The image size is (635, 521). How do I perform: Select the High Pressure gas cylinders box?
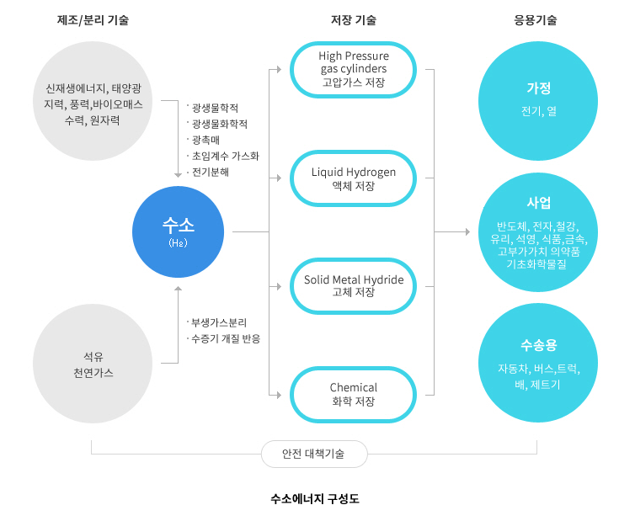pos(354,69)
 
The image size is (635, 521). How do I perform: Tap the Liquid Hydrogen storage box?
pos(354,178)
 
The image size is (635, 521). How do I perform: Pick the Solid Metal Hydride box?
pos(354,285)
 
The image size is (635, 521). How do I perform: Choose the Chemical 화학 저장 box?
pos(354,394)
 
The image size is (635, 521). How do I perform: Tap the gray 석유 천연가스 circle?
pos(93,364)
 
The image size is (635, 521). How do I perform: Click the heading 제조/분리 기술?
pos(93,20)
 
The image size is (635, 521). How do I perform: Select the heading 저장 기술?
pos(354,20)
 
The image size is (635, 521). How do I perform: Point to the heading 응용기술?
pos(536,20)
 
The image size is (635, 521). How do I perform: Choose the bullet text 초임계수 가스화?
pos(225,156)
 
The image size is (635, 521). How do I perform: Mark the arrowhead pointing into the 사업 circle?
pos(467,231)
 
